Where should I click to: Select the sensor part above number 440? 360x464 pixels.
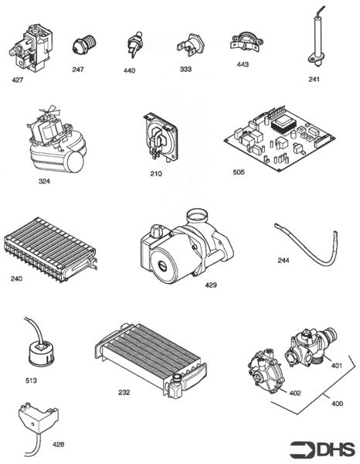pyautogui.click(x=135, y=46)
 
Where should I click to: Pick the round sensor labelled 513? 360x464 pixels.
pyautogui.click(x=37, y=351)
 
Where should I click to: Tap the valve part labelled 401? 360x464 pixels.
pyautogui.click(x=308, y=346)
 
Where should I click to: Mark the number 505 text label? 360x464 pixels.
pyautogui.click(x=238, y=172)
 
